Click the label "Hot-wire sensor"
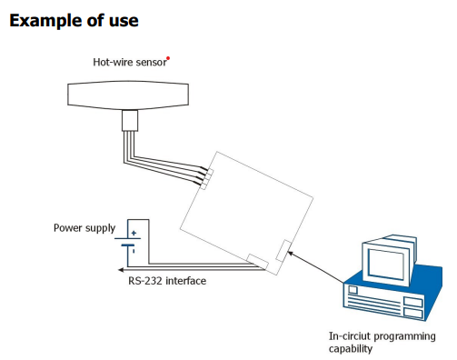(x=130, y=63)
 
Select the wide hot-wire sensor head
(x=129, y=94)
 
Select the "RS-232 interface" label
(x=167, y=281)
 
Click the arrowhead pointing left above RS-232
(x=122, y=268)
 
